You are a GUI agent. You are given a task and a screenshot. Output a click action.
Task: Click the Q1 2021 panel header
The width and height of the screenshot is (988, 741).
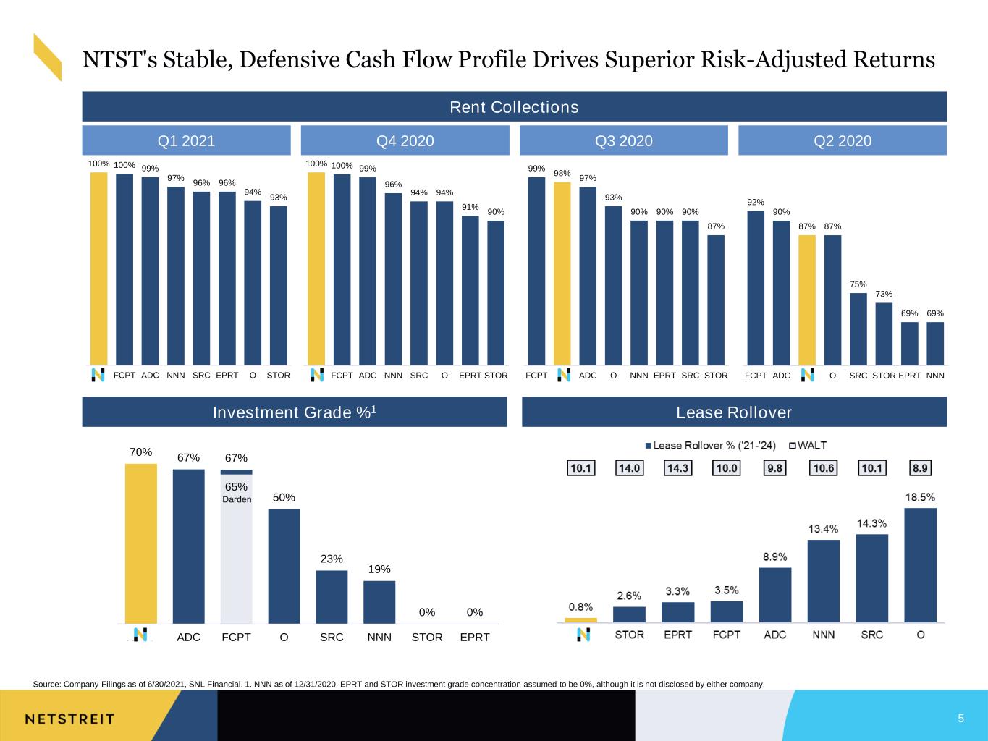coord(186,140)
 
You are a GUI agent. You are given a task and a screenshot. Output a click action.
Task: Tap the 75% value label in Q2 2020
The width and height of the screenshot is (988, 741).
coord(858,284)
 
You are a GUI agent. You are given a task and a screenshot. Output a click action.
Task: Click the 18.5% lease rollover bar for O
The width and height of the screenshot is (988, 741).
coord(920,564)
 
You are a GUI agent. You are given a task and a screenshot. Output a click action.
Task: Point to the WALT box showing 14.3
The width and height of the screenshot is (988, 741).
coord(677,468)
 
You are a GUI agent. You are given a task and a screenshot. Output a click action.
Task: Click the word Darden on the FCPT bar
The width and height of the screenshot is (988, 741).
coord(237,499)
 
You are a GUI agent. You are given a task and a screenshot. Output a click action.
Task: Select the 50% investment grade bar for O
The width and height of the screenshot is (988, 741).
coord(284,566)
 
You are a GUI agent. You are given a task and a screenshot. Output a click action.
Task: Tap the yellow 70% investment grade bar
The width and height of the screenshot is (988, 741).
coord(140,543)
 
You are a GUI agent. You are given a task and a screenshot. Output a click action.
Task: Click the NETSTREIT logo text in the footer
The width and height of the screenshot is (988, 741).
coord(69,719)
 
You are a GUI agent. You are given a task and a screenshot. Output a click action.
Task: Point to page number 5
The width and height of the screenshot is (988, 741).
coord(960,718)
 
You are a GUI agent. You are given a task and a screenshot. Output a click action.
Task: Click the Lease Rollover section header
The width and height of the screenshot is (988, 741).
coord(734,412)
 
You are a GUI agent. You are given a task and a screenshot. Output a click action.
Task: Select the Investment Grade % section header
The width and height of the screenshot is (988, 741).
coord(294,412)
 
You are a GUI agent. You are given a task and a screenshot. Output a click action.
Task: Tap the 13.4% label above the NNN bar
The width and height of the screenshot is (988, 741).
coord(823,529)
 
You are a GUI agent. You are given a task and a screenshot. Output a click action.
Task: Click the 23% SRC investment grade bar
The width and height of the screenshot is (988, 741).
coord(332,597)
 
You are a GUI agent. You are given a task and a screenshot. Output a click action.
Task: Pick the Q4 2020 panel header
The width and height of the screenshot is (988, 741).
coord(405,140)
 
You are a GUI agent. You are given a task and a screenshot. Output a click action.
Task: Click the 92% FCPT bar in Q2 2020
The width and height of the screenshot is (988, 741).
coord(756,288)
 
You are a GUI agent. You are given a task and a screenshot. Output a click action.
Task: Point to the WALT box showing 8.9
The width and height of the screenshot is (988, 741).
coord(920,468)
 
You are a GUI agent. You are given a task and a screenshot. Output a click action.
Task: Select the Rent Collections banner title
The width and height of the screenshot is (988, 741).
coord(514,107)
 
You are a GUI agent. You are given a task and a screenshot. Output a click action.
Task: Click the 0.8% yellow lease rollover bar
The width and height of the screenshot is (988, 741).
coord(580,620)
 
